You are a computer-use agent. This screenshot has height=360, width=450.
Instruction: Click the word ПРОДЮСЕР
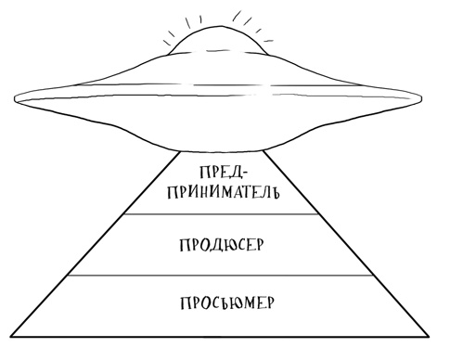tap(221, 245)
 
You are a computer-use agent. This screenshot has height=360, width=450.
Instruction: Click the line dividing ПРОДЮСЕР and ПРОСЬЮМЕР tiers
tap(222, 275)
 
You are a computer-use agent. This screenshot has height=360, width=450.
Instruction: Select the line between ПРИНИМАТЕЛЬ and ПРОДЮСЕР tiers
tap(222, 214)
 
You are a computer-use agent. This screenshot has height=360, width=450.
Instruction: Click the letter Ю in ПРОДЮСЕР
tap(226, 245)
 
